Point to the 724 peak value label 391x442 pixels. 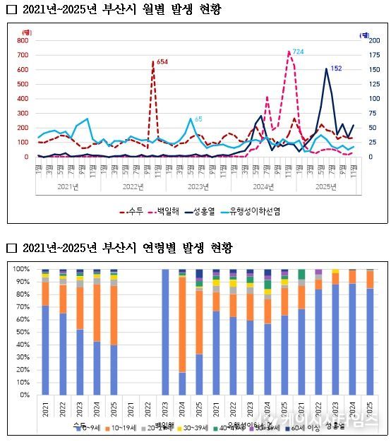click(x=299, y=52)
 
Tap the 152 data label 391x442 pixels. click(x=336, y=68)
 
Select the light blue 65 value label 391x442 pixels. click(x=198, y=119)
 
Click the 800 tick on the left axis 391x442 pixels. click(x=23, y=40)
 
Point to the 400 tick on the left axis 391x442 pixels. click(x=23, y=98)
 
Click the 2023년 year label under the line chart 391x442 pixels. click(x=198, y=187)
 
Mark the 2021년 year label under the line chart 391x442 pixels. click(x=69, y=187)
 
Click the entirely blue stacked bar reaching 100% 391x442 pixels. click(x=165, y=332)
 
